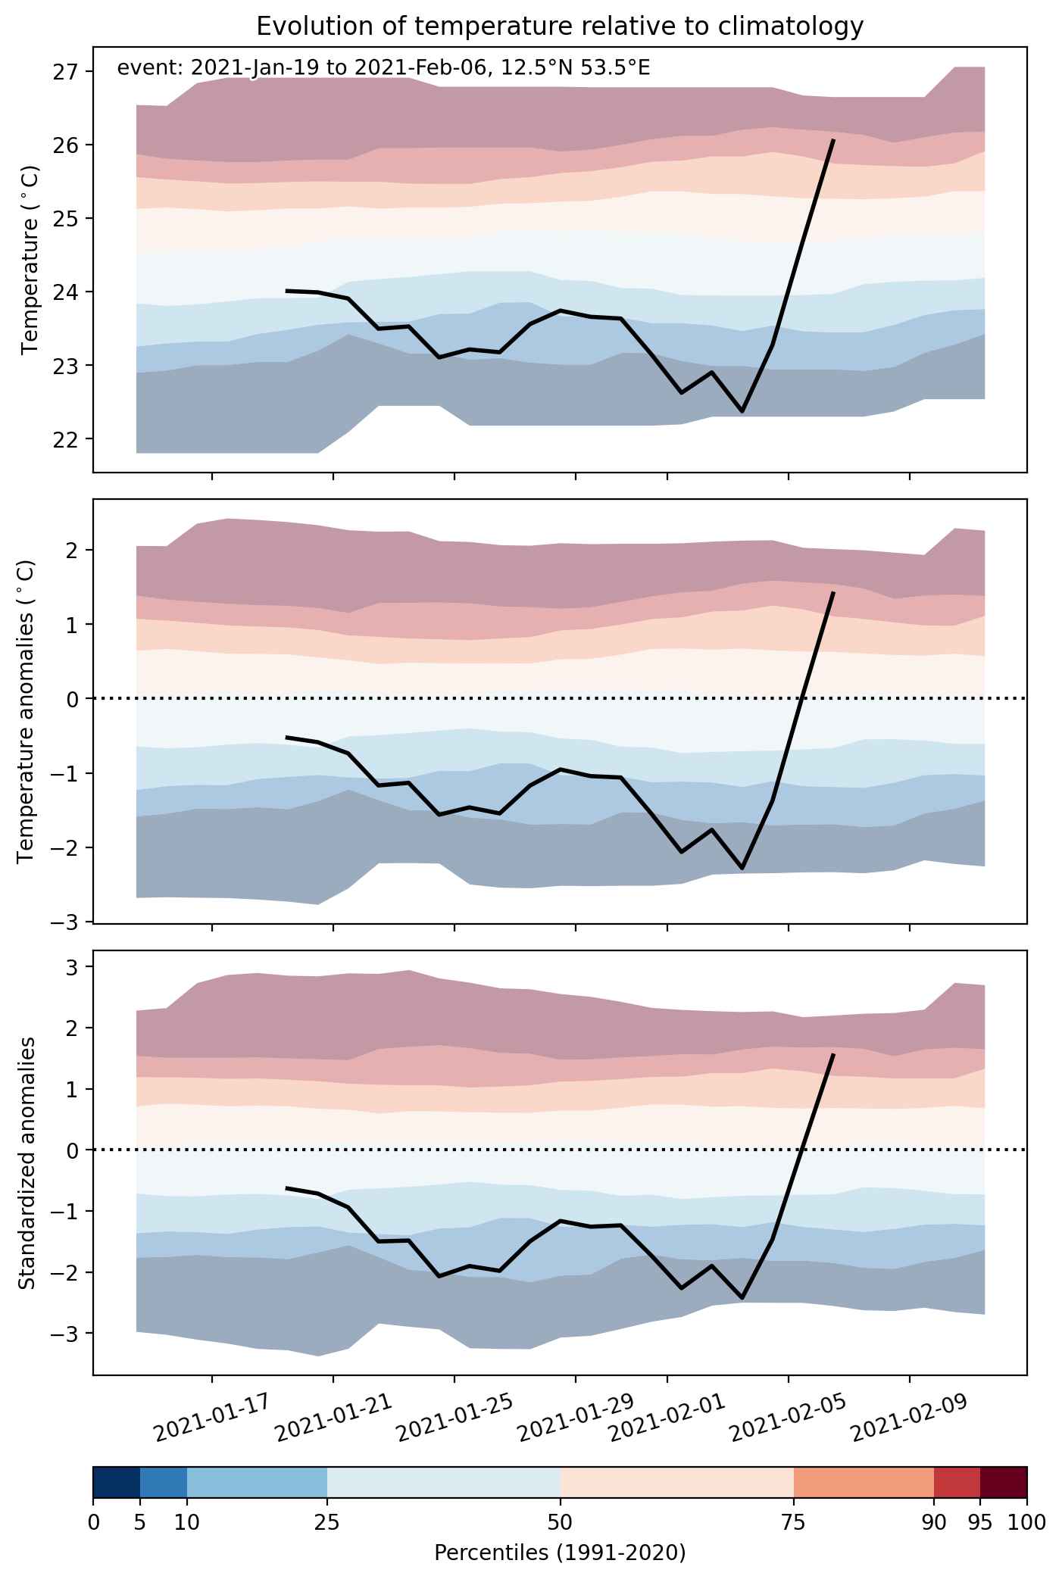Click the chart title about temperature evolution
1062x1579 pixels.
(x=560, y=27)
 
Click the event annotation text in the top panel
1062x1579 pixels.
(x=383, y=68)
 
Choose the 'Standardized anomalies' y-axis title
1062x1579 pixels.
(x=27, y=1162)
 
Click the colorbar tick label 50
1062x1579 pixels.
(x=561, y=1522)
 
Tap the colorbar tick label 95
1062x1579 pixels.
(x=980, y=1522)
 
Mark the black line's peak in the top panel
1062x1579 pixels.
(x=833, y=140)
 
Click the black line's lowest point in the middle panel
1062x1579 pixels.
(x=742, y=868)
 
